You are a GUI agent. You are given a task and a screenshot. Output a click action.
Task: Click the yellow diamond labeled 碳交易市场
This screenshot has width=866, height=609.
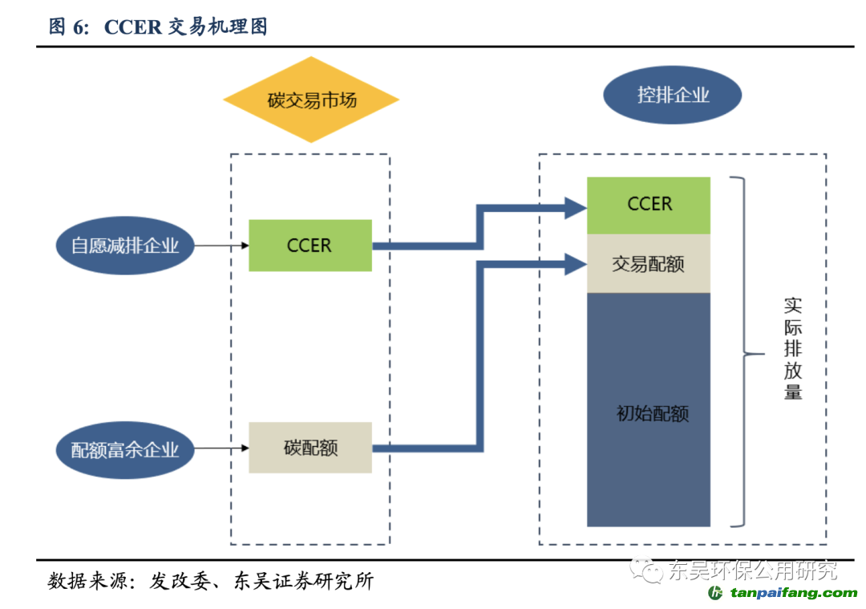(x=311, y=99)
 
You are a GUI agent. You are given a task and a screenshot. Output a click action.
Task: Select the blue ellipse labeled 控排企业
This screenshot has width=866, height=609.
(x=672, y=95)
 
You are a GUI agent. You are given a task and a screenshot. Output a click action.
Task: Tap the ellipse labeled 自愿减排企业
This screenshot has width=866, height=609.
(x=125, y=246)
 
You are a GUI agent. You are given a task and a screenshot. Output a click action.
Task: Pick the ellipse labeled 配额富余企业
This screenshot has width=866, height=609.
(x=125, y=450)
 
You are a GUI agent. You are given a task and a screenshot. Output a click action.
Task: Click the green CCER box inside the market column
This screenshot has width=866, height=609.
(x=310, y=246)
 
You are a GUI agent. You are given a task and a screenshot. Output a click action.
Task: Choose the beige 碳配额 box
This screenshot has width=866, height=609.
(x=310, y=448)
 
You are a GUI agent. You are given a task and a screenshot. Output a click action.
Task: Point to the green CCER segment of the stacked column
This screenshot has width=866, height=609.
(x=649, y=205)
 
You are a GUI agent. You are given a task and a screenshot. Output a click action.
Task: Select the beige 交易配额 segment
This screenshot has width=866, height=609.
(x=649, y=264)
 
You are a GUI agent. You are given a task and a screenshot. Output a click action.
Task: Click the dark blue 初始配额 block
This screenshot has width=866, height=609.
(x=649, y=409)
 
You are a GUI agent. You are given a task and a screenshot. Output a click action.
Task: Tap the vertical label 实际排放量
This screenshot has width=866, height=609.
(x=793, y=348)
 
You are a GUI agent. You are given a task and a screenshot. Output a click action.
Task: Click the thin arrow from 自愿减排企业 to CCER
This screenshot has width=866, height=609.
(x=221, y=246)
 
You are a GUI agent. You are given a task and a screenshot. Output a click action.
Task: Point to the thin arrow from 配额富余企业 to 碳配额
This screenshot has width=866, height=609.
(x=221, y=449)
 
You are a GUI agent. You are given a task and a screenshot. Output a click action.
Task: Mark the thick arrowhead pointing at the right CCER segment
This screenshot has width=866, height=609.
(x=576, y=209)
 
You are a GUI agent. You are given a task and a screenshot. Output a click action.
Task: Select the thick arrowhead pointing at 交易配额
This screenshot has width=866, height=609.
(x=576, y=264)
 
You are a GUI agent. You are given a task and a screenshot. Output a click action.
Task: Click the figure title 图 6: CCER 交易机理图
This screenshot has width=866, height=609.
(x=158, y=26)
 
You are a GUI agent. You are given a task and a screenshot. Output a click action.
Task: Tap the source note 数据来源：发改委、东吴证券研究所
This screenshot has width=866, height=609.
(x=210, y=581)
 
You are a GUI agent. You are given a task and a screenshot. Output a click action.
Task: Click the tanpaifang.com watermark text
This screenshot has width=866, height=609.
(x=794, y=593)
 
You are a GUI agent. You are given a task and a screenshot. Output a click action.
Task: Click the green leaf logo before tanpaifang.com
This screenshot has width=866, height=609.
(x=715, y=593)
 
